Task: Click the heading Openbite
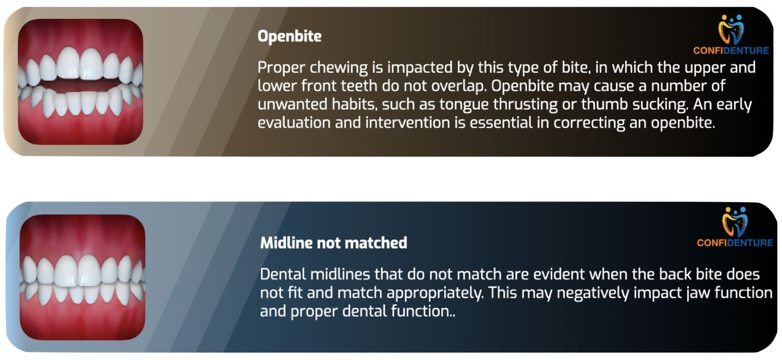[289, 36]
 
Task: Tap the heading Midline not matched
[333, 243]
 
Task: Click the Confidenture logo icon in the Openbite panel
[731, 29]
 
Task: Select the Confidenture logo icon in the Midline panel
[735, 222]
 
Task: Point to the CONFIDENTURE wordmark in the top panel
[731, 51]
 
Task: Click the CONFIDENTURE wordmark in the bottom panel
[735, 243]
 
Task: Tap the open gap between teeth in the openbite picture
[81, 85]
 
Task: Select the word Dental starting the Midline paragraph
[283, 275]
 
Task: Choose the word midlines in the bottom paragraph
[340, 275]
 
